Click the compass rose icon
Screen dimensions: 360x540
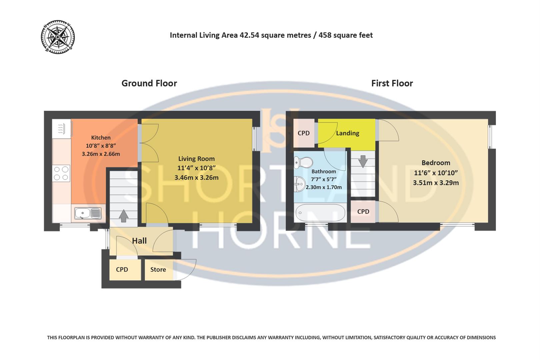click(58, 37)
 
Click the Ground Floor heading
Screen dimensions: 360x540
click(149, 83)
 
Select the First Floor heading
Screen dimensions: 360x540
click(392, 83)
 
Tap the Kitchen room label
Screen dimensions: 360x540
click(101, 137)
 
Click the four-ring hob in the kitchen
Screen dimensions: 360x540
click(61, 173)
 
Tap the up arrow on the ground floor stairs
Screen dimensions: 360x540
click(124, 216)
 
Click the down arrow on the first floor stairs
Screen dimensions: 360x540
click(363, 162)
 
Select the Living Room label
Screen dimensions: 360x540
click(196, 159)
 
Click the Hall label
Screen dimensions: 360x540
click(139, 241)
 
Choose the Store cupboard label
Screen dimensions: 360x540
click(158, 269)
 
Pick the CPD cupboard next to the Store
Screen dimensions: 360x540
click(122, 269)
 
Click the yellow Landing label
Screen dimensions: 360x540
click(347, 133)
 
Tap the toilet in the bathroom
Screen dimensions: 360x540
click(304, 163)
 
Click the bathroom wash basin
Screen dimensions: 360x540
click(300, 183)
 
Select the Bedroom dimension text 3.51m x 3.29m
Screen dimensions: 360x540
click(436, 183)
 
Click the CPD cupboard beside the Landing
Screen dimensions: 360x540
click(303, 133)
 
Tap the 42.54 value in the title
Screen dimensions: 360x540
click(249, 35)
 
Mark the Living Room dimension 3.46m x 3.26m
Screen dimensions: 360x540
click(196, 177)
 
